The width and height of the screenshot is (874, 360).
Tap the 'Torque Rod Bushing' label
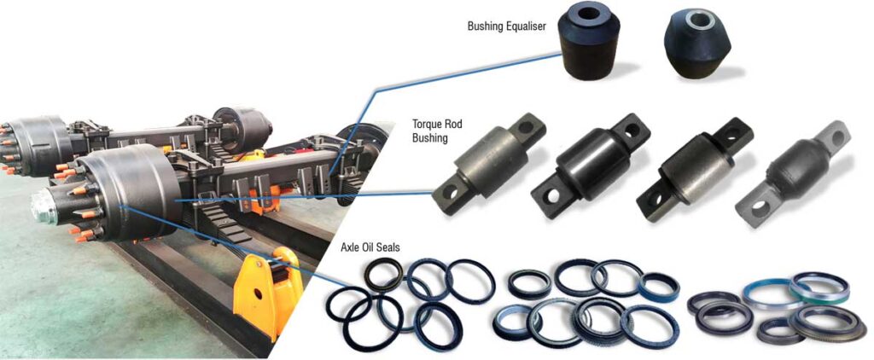pos(430,131)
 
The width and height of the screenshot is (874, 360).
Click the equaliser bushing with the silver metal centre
pos(698,44)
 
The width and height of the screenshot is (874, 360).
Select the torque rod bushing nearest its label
pos(488,163)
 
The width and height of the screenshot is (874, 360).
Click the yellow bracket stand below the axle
pos(267,292)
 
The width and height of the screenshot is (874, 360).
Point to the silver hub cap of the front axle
pos(44,206)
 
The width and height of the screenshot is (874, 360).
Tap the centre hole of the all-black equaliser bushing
pos(589,16)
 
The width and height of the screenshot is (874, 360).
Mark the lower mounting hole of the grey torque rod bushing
pos(760,210)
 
